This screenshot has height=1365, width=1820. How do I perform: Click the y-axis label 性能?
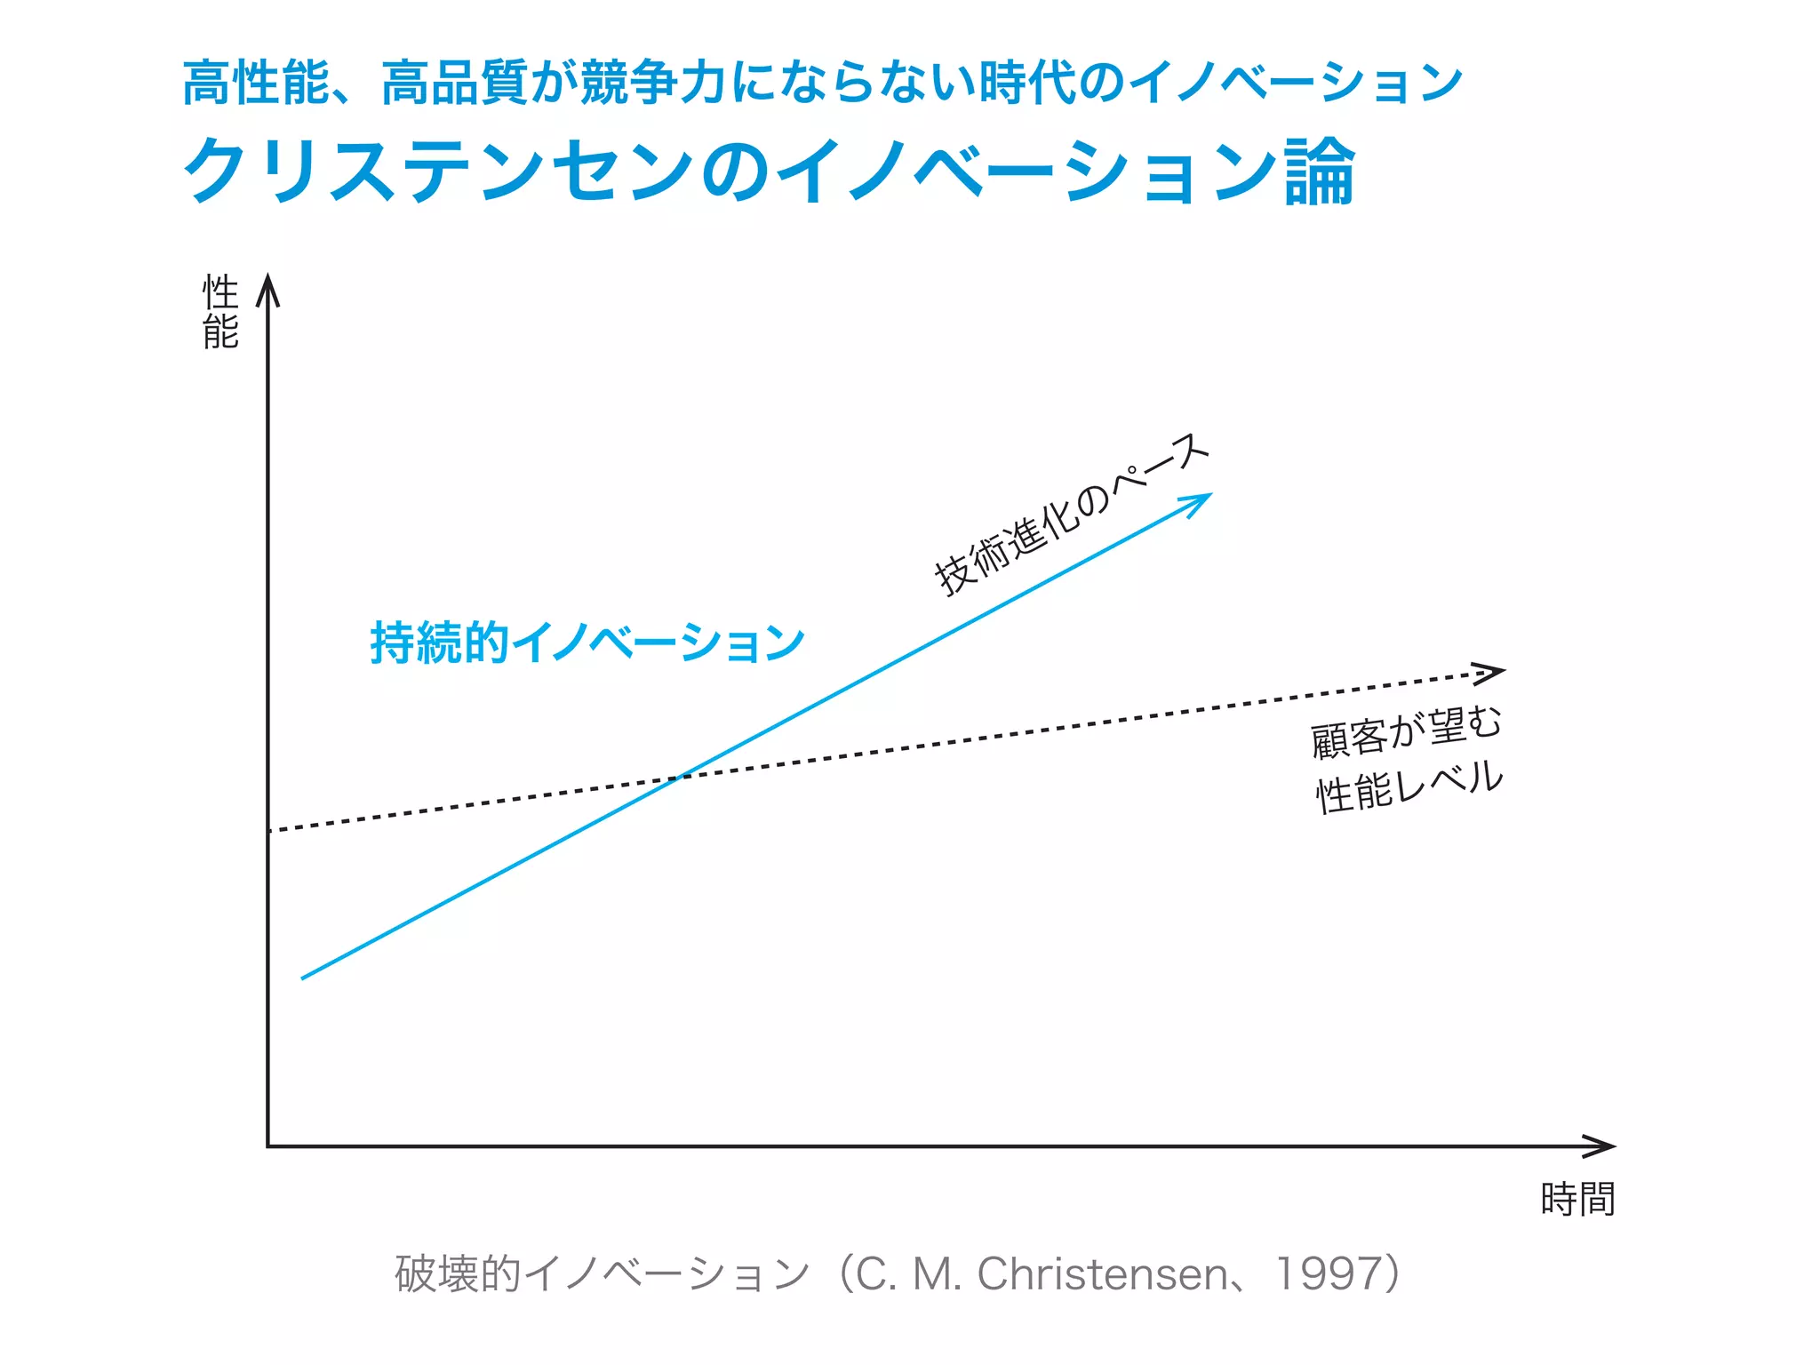pyautogui.click(x=220, y=312)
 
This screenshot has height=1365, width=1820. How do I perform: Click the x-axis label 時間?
pyautogui.click(x=1577, y=1199)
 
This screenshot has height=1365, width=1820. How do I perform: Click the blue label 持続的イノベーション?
pyautogui.click(x=587, y=643)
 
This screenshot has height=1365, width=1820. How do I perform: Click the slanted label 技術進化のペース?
pyautogui.click(x=1071, y=515)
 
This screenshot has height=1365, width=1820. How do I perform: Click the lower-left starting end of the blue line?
pyautogui.click(x=304, y=978)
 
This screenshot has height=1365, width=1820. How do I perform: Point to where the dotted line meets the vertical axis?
pyautogui.click(x=268, y=831)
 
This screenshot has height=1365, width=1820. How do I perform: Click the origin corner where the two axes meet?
pyautogui.click(x=268, y=1146)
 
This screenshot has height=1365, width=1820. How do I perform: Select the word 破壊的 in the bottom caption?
pyautogui.click(x=458, y=1273)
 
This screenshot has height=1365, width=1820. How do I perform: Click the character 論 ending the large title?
pyautogui.click(x=1319, y=172)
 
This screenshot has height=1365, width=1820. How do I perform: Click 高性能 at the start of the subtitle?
pyautogui.click(x=256, y=84)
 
